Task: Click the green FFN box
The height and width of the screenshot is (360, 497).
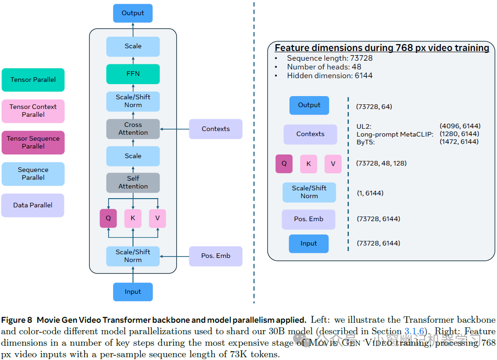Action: (x=133, y=74)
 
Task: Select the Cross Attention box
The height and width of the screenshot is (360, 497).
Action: (x=133, y=129)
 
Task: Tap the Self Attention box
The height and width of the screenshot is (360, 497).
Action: (x=133, y=183)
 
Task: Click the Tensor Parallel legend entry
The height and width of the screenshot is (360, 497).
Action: (x=33, y=80)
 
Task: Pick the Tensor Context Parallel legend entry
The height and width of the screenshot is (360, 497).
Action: (x=33, y=111)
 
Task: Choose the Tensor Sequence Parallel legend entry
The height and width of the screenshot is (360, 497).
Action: (x=33, y=143)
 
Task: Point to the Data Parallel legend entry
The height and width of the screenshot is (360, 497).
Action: (x=33, y=205)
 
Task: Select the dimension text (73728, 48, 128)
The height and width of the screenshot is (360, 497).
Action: (x=381, y=163)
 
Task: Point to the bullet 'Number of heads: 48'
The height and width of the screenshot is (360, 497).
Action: (x=324, y=67)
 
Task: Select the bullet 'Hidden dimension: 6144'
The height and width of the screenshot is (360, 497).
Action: (x=329, y=75)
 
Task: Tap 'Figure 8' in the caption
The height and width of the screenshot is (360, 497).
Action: (x=17, y=320)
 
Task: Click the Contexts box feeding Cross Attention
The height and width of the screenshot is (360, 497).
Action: (x=215, y=129)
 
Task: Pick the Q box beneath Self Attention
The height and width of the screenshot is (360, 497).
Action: (x=108, y=218)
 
